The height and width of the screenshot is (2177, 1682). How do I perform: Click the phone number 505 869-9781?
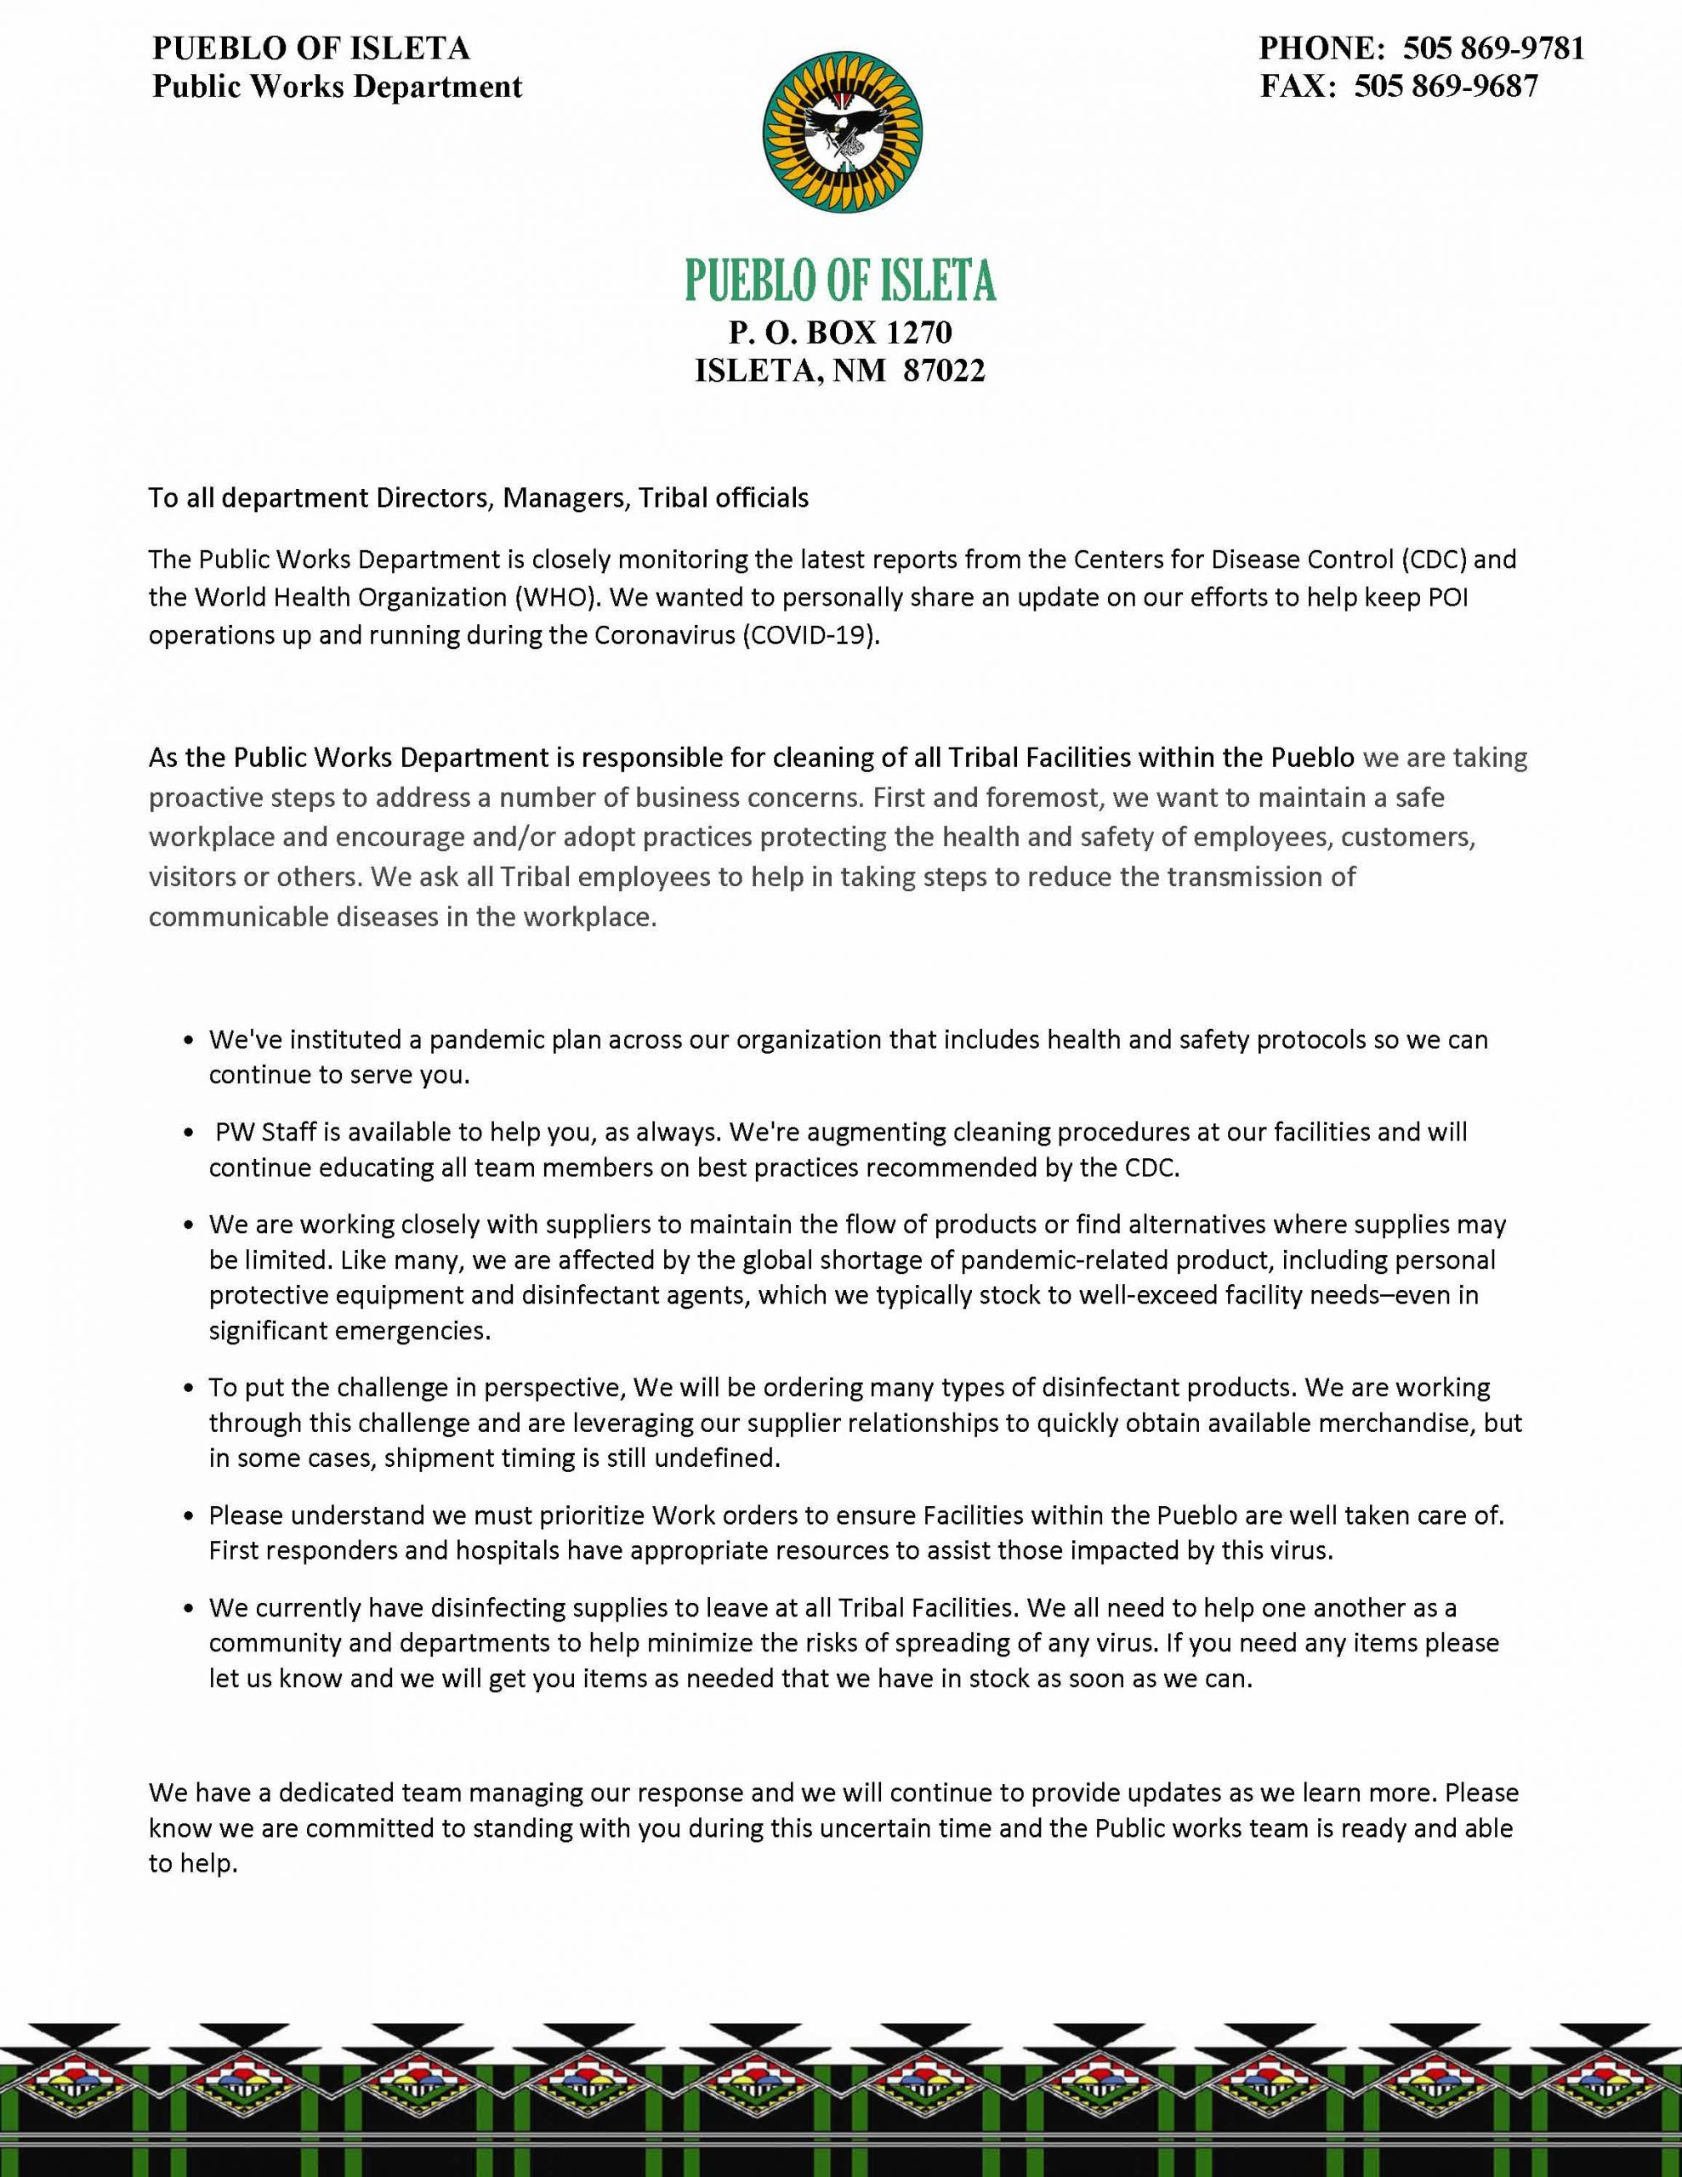[x=1492, y=48]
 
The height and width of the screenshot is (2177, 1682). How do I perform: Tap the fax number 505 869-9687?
[x=1445, y=87]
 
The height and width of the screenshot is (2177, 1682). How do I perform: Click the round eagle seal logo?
[x=842, y=134]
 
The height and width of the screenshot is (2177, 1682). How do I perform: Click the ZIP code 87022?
[x=943, y=371]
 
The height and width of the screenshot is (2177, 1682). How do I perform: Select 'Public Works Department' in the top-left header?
[x=337, y=87]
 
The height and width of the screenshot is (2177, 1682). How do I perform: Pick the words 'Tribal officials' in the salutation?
[x=724, y=497]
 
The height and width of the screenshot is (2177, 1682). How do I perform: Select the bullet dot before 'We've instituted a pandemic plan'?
[x=190, y=1041]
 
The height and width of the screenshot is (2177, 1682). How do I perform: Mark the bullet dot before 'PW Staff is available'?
[x=190, y=1134]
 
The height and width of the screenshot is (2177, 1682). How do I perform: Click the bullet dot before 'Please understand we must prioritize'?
[x=190, y=1516]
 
